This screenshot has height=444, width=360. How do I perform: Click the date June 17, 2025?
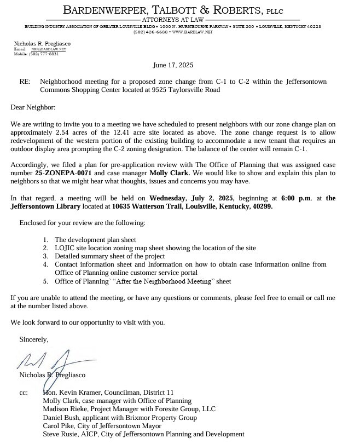[173, 65]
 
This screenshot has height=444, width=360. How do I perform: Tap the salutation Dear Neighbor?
[33, 108]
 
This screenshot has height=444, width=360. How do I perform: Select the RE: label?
[25, 82]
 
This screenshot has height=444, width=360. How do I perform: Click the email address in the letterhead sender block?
[48, 49]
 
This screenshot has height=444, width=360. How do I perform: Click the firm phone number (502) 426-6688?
[150, 32]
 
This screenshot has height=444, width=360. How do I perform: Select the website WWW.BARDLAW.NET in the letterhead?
[191, 32]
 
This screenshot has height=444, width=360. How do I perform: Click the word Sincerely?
[33, 339]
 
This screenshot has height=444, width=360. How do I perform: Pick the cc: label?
[24, 393]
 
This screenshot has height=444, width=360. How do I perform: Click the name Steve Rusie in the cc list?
[61, 434]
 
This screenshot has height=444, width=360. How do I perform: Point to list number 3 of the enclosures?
[45, 256]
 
